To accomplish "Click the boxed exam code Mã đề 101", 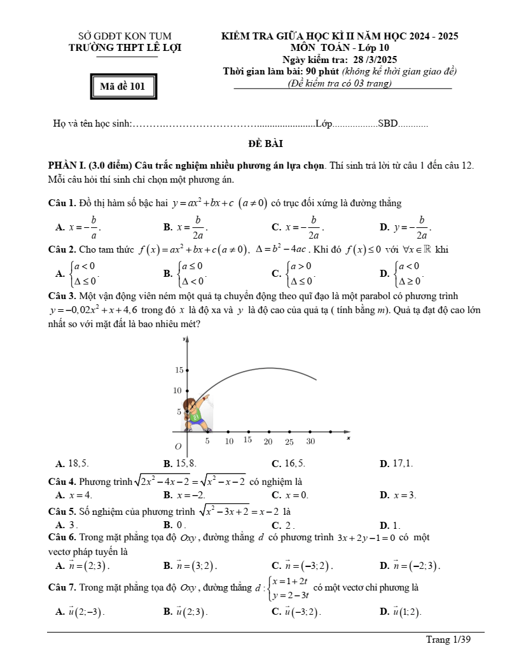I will point(123,87).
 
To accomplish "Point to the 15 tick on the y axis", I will point(179,370).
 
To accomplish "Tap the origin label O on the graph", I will point(178,447).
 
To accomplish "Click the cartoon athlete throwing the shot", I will point(195,412).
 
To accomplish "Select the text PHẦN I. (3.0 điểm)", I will point(90,166).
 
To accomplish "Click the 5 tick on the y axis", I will point(179,412).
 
